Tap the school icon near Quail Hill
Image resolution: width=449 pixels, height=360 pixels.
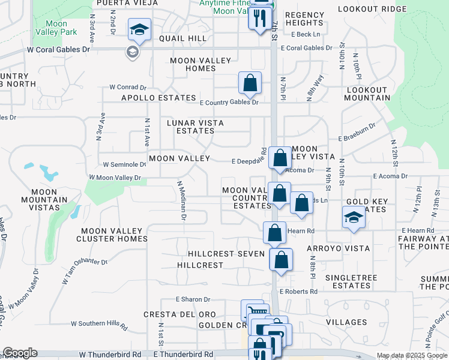[x=139, y=30]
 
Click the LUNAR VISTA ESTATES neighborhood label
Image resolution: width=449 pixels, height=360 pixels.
[x=195, y=127]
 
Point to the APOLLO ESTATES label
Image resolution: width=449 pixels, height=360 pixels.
[x=159, y=98]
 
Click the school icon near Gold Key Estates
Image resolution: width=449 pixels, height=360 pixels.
[x=354, y=218]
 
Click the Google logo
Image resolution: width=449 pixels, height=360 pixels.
[x=20, y=353]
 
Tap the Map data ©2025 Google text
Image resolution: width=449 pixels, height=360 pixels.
[x=411, y=355]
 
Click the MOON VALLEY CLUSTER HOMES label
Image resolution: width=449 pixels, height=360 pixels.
[x=112, y=235]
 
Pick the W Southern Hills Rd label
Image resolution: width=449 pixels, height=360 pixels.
[x=99, y=325]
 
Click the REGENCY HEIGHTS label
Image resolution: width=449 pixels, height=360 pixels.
[x=304, y=19]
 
